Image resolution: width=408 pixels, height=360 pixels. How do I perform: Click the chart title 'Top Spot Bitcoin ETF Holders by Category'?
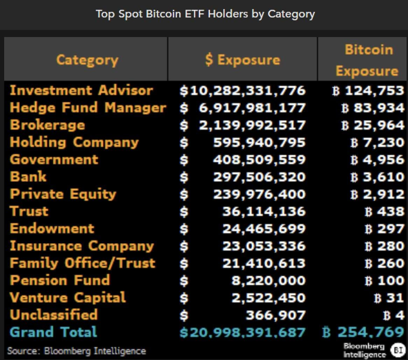(x=205, y=14)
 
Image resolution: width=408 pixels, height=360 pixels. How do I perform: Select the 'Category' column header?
(x=87, y=59)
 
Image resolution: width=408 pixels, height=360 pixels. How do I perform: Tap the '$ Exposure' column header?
(x=242, y=59)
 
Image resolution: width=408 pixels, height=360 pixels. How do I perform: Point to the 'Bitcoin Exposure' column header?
(x=367, y=60)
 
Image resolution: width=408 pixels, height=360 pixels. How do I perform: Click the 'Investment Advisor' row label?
(x=81, y=91)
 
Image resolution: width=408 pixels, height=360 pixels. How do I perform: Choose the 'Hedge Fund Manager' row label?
(x=88, y=108)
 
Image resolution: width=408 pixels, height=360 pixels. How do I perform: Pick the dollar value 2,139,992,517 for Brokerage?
(x=252, y=125)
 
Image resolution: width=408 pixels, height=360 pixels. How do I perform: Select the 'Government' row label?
(x=54, y=159)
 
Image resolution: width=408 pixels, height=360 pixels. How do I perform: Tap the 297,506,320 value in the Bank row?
(x=259, y=177)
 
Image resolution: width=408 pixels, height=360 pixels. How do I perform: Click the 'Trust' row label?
(x=29, y=211)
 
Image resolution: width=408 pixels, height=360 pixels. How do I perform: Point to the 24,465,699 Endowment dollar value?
(x=264, y=229)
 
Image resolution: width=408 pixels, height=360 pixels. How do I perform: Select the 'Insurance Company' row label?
(x=82, y=246)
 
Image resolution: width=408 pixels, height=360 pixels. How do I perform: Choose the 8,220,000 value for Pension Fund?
(x=268, y=280)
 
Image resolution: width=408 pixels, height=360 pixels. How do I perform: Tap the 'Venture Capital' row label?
(x=68, y=297)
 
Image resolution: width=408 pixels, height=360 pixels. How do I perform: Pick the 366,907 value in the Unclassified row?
(x=275, y=315)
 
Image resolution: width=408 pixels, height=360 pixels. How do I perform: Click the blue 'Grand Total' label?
(x=53, y=332)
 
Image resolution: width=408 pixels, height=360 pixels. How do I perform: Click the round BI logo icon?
(x=398, y=350)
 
